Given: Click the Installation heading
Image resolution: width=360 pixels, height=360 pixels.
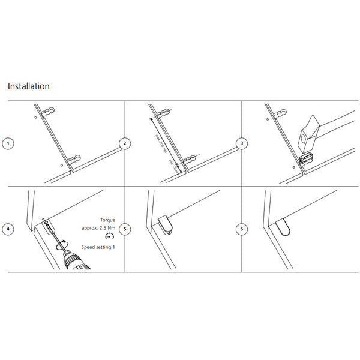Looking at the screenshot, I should [29, 86].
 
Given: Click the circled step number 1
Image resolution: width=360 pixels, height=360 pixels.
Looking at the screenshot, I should [8, 143].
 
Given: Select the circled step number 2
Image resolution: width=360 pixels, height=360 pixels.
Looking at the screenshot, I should [124, 143].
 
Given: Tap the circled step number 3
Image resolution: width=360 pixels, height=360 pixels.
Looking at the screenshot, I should [241, 143].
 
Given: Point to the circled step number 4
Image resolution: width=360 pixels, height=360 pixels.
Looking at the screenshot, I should [8, 229].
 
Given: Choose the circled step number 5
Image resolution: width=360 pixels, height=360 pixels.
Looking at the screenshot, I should [124, 229].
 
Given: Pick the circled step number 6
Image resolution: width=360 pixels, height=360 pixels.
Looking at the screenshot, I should [241, 229].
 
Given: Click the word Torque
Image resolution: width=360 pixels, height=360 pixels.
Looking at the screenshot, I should [108, 220].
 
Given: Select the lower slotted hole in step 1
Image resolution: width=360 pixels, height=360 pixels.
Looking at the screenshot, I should [74, 160].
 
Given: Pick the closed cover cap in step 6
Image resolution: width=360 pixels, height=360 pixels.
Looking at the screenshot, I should [283, 227].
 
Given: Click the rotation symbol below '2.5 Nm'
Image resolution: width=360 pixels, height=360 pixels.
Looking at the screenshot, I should [109, 238].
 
